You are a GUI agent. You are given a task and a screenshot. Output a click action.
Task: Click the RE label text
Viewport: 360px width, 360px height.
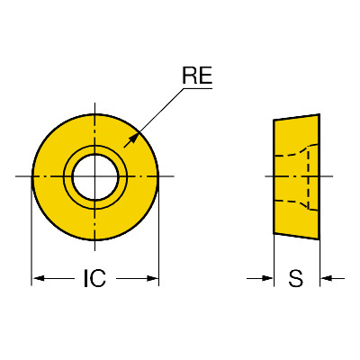click(197, 76)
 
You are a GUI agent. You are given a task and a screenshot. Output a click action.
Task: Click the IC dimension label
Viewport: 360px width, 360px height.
click(94, 278)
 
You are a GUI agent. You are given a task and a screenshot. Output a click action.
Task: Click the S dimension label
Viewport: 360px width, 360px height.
click(296, 278)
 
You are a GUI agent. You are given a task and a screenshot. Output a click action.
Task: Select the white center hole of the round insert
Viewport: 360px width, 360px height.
click(95, 177)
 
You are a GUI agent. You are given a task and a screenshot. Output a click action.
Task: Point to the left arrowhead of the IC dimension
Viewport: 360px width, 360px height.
click(39, 278)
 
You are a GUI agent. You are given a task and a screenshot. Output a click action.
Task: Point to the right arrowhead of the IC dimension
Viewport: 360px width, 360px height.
click(152, 278)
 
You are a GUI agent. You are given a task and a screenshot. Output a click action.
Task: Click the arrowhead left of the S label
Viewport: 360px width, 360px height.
click(267, 278)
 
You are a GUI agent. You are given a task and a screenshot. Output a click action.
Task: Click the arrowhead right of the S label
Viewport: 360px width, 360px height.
click(326, 278)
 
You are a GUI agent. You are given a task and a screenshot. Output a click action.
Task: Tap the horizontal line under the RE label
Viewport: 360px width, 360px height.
click(198, 88)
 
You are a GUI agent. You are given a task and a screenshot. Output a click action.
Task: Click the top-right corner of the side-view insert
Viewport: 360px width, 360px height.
click(319, 114)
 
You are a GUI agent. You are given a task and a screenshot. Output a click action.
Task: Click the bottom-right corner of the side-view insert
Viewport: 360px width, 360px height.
click(319, 239)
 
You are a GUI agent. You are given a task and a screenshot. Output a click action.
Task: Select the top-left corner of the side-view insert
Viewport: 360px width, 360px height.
click(274, 121)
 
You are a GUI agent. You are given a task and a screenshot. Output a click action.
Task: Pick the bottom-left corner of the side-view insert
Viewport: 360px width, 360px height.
click(274, 233)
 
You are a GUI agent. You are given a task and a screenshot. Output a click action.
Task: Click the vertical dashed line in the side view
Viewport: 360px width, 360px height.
click(309, 177)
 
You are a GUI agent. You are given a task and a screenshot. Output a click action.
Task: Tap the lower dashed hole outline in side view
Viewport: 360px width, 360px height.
click(296, 204)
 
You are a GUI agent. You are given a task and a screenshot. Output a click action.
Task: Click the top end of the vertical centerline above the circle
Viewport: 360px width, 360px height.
click(95, 103)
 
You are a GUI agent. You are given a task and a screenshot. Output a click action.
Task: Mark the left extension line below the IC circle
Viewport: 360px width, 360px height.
click(31, 231)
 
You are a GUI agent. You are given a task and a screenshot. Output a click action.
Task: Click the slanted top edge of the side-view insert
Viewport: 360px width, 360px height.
click(296, 117)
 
